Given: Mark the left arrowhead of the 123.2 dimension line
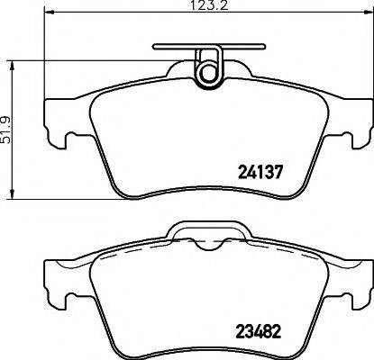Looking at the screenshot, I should [x=47, y=21].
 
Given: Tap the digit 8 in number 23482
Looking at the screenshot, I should [x=278, y=329].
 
